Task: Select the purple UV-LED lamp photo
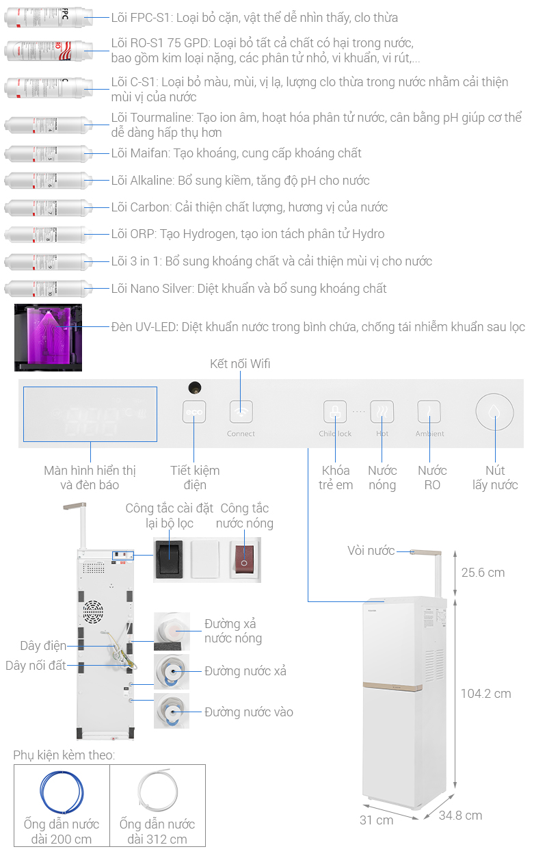coord(48,338)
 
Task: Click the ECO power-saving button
coord(194,413)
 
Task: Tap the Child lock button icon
coord(335,413)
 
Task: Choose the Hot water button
coord(382,412)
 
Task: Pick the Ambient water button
coord(429,412)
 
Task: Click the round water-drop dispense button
coord(494,412)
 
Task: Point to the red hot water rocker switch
coord(244,559)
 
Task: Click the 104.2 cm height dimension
coord(485,694)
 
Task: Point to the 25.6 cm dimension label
coord(483,573)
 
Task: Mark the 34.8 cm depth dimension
coord(460,816)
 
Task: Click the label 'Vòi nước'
coord(371,551)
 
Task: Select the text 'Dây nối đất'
coord(36,666)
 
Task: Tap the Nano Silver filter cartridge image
coord(48,289)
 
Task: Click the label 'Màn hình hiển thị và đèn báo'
coord(90,478)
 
